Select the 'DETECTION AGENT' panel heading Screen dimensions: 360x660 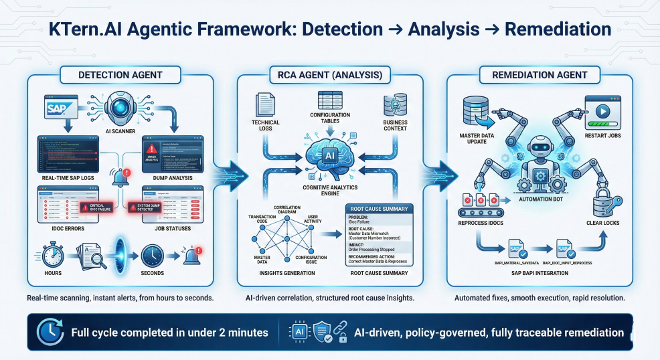120,76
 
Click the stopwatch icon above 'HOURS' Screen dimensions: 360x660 53,255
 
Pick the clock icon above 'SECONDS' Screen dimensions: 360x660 153,255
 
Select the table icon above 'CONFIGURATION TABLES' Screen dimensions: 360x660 329,101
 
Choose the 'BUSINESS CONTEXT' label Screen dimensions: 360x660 396,124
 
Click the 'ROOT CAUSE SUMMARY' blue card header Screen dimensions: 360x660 380,208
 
